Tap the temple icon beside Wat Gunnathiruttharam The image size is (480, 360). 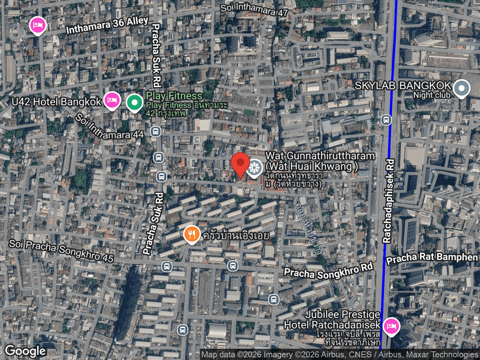tap(255, 168)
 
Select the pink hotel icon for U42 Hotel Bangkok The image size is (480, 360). tap(112, 100)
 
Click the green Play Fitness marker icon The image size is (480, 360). tap(135, 103)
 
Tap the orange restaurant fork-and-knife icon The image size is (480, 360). tap(191, 234)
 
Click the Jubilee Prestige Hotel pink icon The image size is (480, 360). tap(390, 325)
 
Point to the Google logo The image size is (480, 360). tap(25, 351)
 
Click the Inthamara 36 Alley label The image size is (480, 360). tap(107, 25)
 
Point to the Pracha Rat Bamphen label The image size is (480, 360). tap(431, 257)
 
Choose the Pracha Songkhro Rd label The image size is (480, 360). tap(328, 271)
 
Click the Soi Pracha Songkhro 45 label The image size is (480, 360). tap(61, 251)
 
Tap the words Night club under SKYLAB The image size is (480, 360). tap(431, 95)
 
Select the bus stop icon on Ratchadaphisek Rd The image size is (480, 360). tap(386, 120)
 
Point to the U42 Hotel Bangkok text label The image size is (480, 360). tap(56, 101)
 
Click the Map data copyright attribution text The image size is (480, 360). tap(339, 355)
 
